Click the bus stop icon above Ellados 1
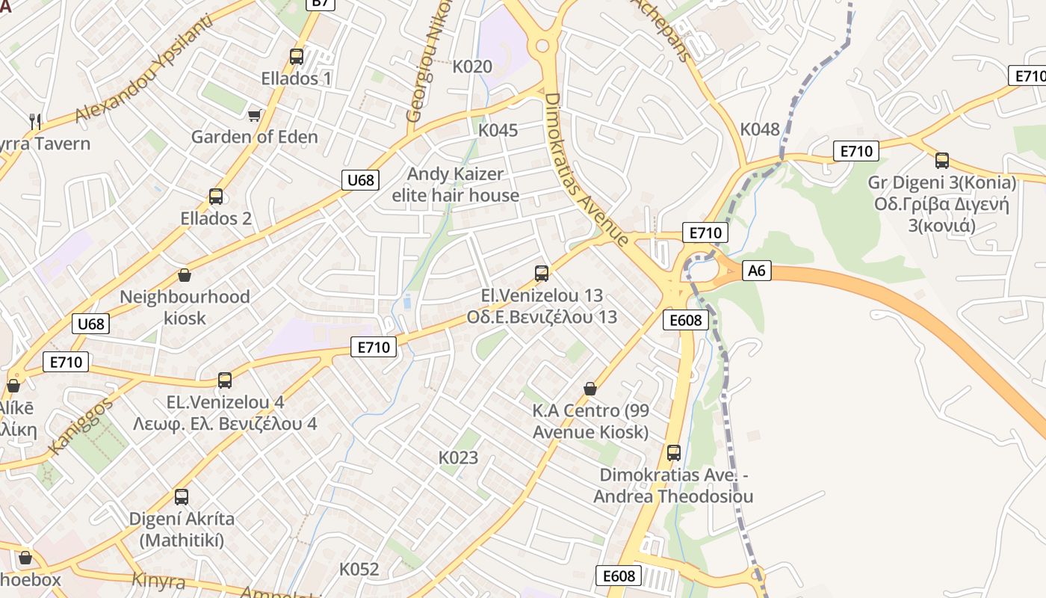[x=297, y=56]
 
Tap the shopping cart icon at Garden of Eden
[x=255, y=114]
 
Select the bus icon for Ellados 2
[x=216, y=197]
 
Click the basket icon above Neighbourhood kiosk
[x=185, y=276]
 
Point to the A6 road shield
[x=757, y=271]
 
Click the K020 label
[x=472, y=67]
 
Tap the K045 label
[x=498, y=130]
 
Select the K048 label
[x=760, y=129]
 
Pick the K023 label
[x=458, y=457]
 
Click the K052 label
[x=359, y=569]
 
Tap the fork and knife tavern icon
[x=34, y=120]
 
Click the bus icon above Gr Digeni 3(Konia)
[x=942, y=160]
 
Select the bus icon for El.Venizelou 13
[x=542, y=274]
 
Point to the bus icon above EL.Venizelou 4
[x=225, y=380]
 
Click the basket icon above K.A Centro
[x=590, y=389]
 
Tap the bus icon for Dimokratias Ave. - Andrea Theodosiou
[x=674, y=452]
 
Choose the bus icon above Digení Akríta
[x=182, y=497]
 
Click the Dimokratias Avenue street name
[x=586, y=170]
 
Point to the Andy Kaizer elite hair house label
[x=456, y=185]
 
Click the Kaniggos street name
[x=80, y=426]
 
